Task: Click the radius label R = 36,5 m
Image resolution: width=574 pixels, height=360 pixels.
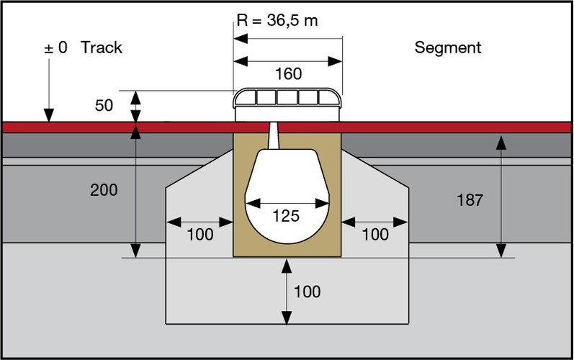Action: [x=277, y=20]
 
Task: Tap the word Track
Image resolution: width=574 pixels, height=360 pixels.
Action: [x=102, y=48]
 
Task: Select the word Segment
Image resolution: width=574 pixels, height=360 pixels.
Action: [x=447, y=48]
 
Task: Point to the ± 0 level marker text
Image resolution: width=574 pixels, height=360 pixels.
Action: [x=55, y=48]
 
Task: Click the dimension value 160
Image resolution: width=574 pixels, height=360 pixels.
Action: [x=288, y=74]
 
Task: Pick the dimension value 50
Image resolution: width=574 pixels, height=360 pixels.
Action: [x=105, y=106]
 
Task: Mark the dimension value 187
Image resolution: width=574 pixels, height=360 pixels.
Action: [x=470, y=199]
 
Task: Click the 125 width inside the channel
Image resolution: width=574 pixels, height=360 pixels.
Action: [x=287, y=216]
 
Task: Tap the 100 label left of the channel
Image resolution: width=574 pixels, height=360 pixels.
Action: [x=199, y=235]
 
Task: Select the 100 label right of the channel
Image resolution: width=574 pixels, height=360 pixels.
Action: [x=375, y=235]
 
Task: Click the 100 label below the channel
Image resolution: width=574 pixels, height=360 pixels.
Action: [x=308, y=292]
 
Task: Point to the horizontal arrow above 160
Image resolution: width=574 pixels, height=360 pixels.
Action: [x=288, y=60]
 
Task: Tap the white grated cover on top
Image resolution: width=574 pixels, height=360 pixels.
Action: [x=288, y=101]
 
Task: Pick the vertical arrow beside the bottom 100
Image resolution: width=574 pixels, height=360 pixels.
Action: [x=287, y=292]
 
